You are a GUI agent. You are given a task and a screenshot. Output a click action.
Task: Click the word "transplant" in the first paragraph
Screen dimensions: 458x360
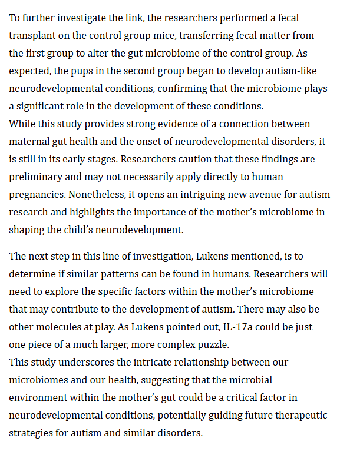[33, 35]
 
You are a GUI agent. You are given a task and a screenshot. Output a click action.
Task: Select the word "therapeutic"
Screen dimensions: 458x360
[299, 416]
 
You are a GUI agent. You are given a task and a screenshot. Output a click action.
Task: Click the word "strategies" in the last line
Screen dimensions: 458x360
[33, 433]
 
